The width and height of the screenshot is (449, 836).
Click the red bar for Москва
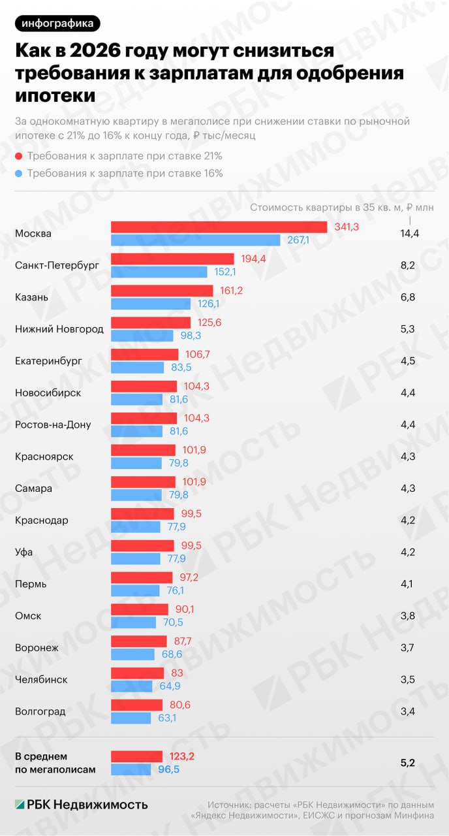click(219, 227)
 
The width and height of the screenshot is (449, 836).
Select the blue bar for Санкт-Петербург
click(159, 272)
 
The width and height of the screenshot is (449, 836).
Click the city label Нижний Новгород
click(59, 329)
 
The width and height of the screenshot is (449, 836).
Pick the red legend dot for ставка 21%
click(19, 156)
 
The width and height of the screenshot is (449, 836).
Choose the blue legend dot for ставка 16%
click(19, 174)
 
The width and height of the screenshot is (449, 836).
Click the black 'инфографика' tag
click(58, 24)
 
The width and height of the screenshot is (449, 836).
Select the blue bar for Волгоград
click(136, 718)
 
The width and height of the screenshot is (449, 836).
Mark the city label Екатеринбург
click(48, 361)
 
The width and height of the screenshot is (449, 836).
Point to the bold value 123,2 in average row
click(181, 756)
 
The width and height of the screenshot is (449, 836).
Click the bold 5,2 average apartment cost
click(409, 762)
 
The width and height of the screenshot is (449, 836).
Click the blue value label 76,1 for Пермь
click(174, 590)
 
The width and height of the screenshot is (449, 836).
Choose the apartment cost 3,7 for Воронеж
click(408, 648)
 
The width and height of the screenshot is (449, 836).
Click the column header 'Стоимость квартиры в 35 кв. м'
click(323, 208)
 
